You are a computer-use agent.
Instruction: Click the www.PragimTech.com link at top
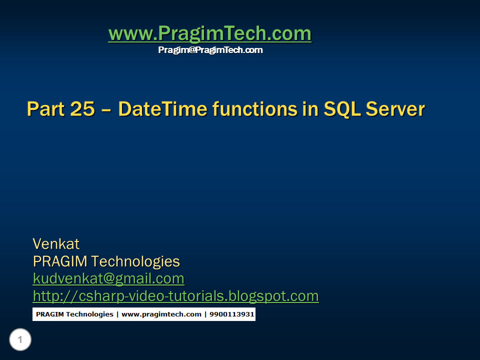pos(209,34)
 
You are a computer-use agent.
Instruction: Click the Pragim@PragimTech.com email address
pos(210,50)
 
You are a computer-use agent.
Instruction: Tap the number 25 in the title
pos(82,109)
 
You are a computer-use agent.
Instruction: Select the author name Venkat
pos(56,244)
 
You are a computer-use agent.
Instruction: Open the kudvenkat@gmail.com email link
pos(108,278)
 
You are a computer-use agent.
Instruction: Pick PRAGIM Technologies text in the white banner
pos(74,314)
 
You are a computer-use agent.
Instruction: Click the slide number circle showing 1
pos(20,340)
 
